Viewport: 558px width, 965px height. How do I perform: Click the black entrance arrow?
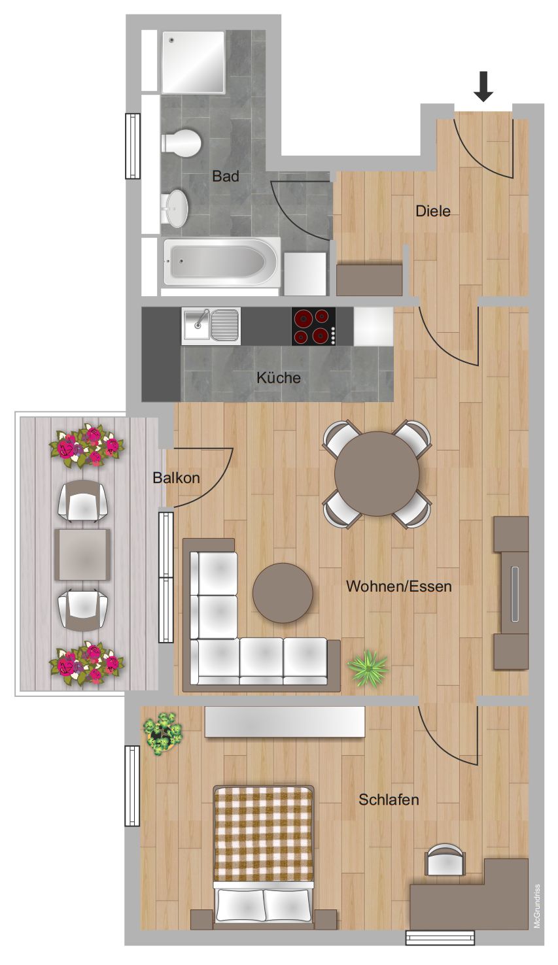coord(483,86)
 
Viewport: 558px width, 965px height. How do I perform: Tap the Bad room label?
coord(225,177)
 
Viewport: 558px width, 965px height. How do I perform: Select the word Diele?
coord(432,211)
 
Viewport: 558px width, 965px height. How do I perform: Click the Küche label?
coord(279,378)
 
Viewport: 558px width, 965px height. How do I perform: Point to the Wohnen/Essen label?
coord(398,586)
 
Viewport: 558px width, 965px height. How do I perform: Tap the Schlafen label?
coord(389,800)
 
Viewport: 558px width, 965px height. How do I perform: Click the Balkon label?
coord(176,478)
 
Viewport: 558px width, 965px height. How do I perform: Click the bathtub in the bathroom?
coord(220,262)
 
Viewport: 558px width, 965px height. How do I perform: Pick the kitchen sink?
coord(211,326)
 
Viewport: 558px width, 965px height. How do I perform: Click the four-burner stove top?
coord(314,326)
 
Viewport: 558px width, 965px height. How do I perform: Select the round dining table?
coord(377,473)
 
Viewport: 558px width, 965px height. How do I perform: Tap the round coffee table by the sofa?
coord(283,594)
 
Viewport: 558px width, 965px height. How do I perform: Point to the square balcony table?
coord(82,555)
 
